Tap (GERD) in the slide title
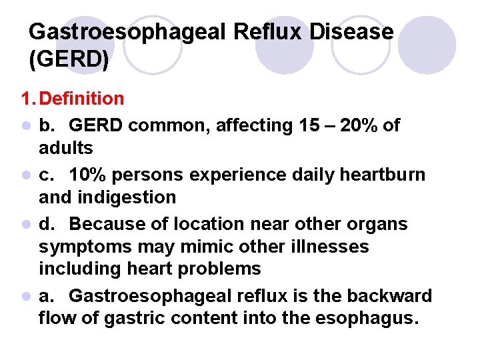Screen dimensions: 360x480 click(x=69, y=60)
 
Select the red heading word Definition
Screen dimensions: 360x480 click(x=81, y=99)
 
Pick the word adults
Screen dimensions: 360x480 click(x=66, y=147)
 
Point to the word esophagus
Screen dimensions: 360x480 click(x=367, y=319)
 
